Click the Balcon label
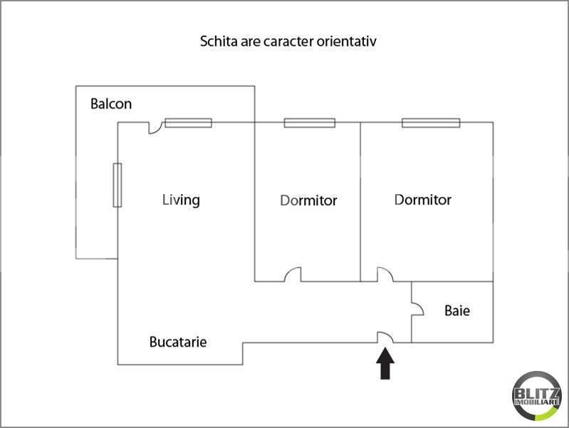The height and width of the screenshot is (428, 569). (x=111, y=104)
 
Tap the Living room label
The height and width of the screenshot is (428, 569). (x=181, y=200)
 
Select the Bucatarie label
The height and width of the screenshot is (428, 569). (x=178, y=342)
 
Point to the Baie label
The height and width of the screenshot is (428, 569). (x=457, y=311)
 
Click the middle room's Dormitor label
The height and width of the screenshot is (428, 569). (x=308, y=200)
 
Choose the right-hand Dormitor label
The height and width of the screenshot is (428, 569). (x=423, y=200)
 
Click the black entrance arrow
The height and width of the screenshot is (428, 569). (x=385, y=364)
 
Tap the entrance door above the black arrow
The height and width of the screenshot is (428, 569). (x=385, y=337)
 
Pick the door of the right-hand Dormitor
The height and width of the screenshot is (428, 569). (x=385, y=275)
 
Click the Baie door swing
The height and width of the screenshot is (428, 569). (x=418, y=308)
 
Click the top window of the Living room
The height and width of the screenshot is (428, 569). (x=189, y=123)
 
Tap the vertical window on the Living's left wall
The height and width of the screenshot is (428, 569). (x=118, y=185)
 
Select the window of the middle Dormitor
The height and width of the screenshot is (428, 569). (x=309, y=123)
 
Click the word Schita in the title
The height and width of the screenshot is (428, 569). (x=217, y=41)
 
